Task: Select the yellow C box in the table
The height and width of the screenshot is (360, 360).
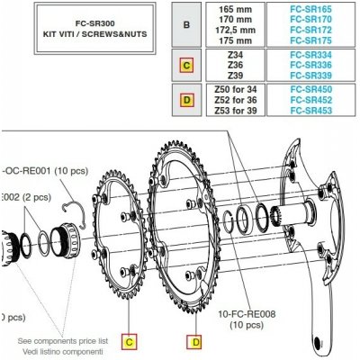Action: coord(186,65)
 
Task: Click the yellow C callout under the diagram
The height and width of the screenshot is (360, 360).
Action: coord(130,341)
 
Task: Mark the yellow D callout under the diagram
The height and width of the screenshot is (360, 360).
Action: coord(193,341)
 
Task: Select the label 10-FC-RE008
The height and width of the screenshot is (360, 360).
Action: coord(246,315)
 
